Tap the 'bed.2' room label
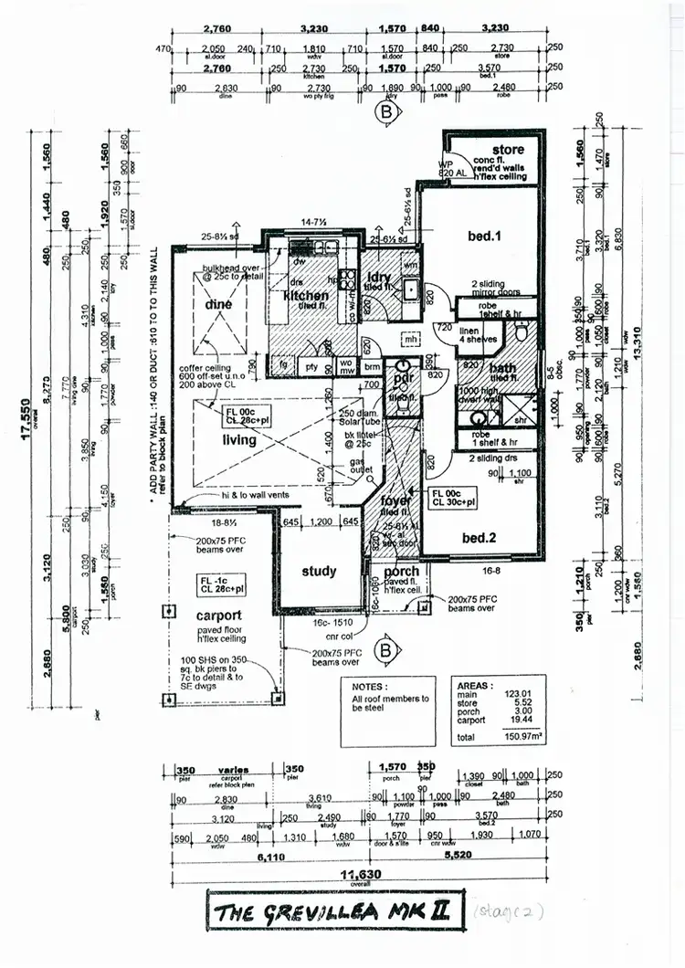478,539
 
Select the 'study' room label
319,572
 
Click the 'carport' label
219,616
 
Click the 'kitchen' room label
305,297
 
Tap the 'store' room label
508,149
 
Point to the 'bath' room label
502,369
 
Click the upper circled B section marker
386,113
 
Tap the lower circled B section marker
386,651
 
